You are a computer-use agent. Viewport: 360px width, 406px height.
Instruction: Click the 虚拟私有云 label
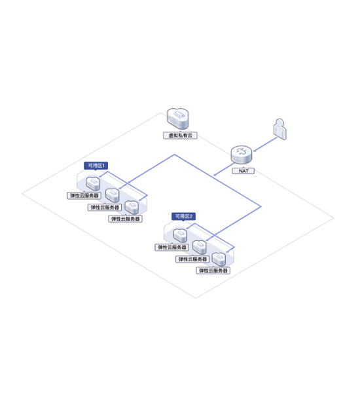click(180, 136)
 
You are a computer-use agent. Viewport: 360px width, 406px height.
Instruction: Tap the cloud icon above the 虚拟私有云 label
click(177, 119)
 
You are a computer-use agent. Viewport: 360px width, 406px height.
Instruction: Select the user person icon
click(279, 129)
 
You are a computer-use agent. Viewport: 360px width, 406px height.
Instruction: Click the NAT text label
click(243, 171)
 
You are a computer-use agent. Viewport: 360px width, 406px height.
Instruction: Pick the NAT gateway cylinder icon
click(242, 155)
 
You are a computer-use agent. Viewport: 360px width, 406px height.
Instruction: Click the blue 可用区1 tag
click(96, 166)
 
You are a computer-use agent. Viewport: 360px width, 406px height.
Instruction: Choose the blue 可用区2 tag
click(183, 217)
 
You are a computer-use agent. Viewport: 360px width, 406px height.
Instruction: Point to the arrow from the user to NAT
click(265, 144)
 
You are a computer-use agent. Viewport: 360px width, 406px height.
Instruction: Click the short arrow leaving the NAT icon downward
click(223, 170)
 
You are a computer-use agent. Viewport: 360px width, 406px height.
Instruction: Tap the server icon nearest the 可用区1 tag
click(93, 183)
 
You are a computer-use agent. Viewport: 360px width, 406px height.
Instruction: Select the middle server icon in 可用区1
click(113, 195)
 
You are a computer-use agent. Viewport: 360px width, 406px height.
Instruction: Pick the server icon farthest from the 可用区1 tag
click(132, 207)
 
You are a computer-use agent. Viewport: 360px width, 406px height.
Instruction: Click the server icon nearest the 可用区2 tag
click(180, 235)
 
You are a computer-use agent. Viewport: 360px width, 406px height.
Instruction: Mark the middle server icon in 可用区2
click(200, 247)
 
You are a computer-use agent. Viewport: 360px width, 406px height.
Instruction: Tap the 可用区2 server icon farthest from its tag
click(219, 259)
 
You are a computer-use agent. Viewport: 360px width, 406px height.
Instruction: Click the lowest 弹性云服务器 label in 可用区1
click(125, 219)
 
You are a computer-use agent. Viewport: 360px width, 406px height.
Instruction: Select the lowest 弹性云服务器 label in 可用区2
click(213, 271)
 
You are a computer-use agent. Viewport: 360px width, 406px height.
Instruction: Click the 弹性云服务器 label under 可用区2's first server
click(172, 248)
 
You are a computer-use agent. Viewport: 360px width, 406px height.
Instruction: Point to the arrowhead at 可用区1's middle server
click(120, 188)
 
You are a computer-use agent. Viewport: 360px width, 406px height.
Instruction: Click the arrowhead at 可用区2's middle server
click(207, 240)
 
